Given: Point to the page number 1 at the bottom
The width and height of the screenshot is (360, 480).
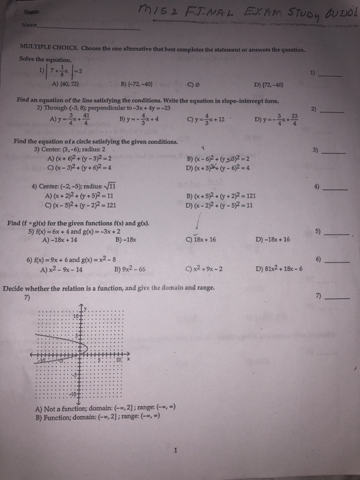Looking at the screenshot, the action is pyautogui.click(x=176, y=451).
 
